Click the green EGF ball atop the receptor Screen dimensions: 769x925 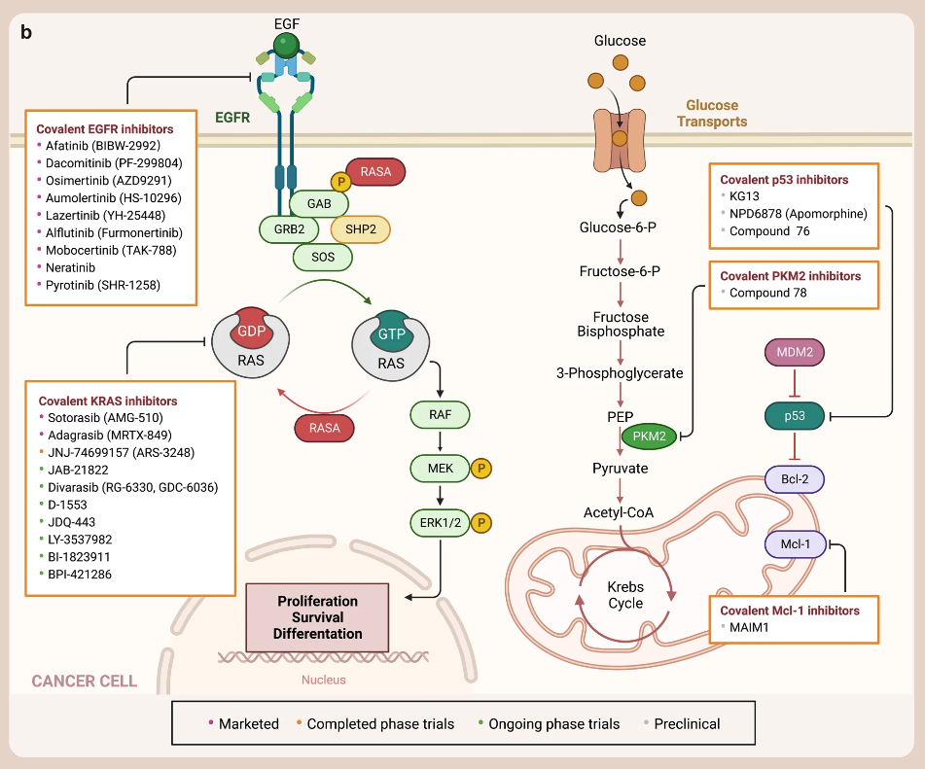(x=285, y=44)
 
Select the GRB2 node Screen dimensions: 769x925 (x=289, y=229)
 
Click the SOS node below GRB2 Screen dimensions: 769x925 (x=323, y=257)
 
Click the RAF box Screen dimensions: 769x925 (x=440, y=415)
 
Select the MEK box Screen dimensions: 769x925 (x=440, y=469)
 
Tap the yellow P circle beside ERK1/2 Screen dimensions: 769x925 (x=480, y=522)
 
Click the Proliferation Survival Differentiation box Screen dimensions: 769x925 (x=317, y=617)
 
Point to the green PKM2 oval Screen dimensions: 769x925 (x=649, y=437)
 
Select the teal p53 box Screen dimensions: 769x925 (x=794, y=416)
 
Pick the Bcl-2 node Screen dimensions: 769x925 (x=794, y=479)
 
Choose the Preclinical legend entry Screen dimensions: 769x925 (x=687, y=723)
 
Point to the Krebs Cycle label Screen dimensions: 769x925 (x=625, y=595)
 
